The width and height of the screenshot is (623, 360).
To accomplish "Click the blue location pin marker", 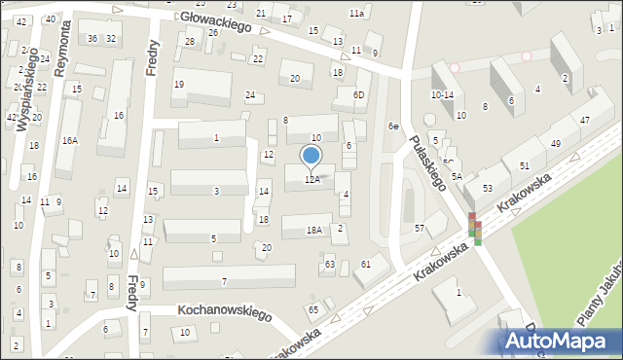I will pyautogui.click(x=311, y=156).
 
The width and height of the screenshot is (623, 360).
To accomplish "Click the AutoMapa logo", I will pyautogui.click(x=560, y=341).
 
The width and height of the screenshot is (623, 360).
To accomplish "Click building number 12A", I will pyautogui.click(x=311, y=179).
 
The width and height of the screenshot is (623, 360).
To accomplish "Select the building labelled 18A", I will pyautogui.click(x=313, y=231).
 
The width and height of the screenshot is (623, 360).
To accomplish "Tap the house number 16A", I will pyautogui.click(x=69, y=140).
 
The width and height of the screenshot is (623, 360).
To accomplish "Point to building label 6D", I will pyautogui.click(x=358, y=94).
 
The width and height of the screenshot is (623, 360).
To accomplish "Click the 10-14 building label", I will pyautogui.click(x=442, y=95).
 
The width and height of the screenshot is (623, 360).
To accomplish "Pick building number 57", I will pyautogui.click(x=420, y=228).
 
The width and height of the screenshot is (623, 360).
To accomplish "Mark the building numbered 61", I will pyautogui.click(x=366, y=264).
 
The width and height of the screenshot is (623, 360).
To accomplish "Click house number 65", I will pyautogui.click(x=313, y=309).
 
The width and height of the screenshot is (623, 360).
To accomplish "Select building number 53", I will pyautogui.click(x=487, y=187).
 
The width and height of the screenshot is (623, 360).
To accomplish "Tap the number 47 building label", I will pyautogui.click(x=584, y=120).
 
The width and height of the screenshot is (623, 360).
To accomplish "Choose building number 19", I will pyautogui.click(x=179, y=85).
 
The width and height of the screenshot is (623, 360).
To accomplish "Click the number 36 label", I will pyautogui.click(x=92, y=38).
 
